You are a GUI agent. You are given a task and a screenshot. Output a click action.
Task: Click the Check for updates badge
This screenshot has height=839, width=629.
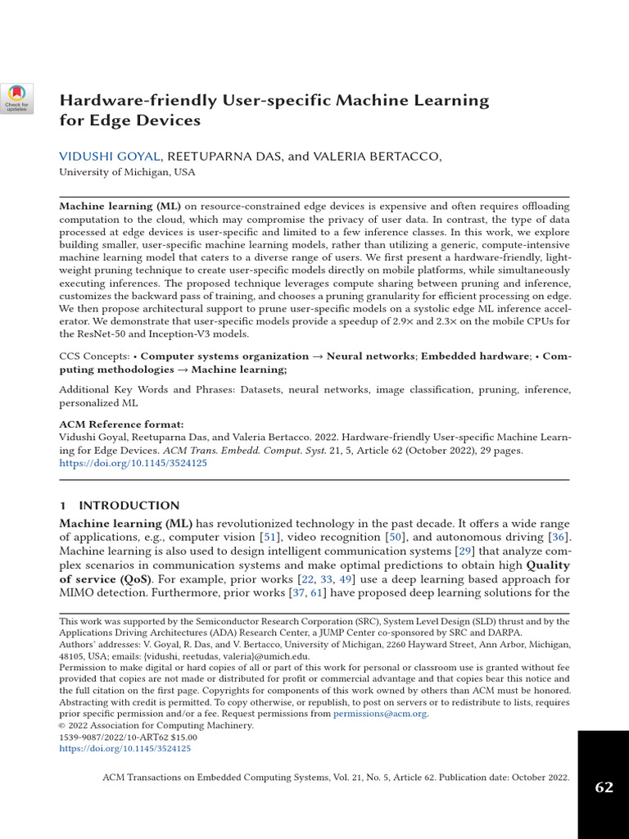16,98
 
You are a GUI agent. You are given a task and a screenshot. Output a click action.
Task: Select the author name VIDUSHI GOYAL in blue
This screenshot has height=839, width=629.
111,157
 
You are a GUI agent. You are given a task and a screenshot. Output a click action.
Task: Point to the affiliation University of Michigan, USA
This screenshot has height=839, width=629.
127,173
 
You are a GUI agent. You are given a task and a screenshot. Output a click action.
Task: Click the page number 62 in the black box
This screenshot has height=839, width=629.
604,787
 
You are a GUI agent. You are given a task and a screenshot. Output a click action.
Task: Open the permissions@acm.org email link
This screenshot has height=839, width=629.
379,714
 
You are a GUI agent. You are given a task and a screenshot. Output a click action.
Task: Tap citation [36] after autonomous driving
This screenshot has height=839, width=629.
559,537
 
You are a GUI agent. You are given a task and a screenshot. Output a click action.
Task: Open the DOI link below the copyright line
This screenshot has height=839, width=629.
125,748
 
